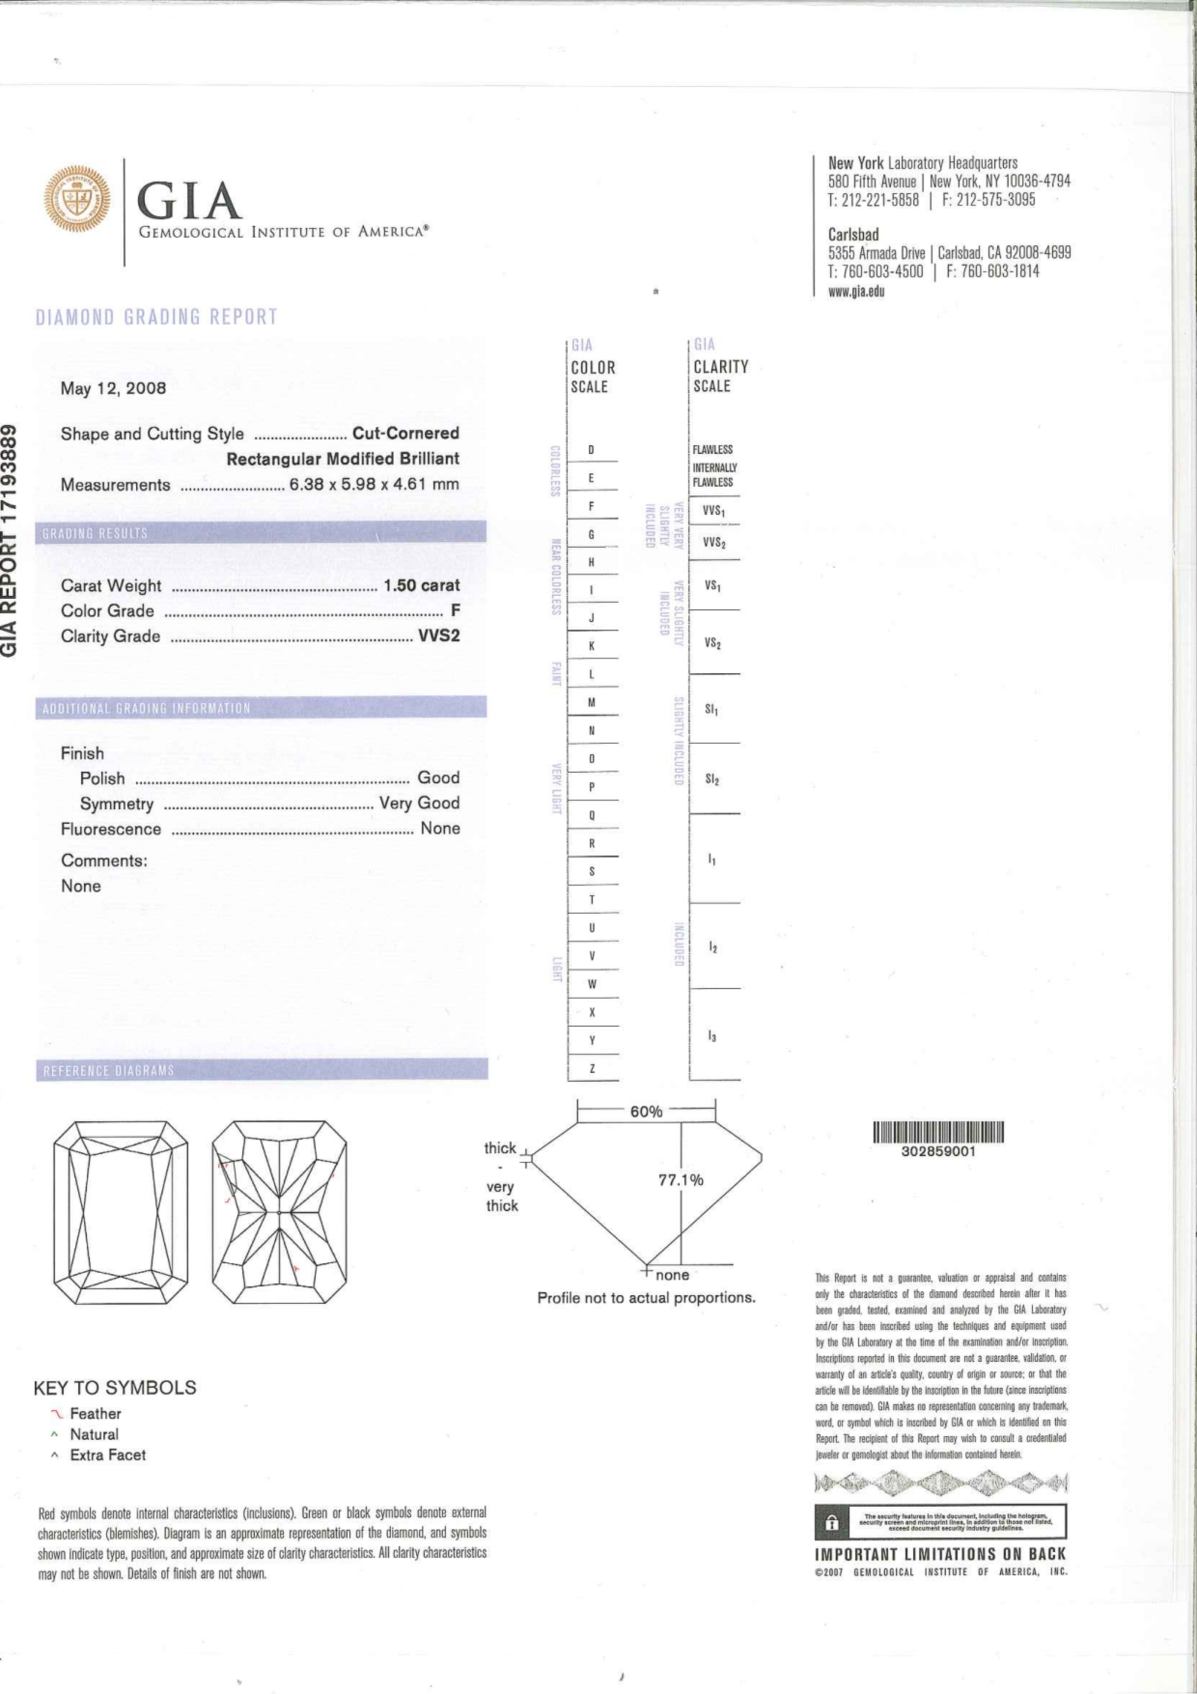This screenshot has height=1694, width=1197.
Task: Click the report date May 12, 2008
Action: point(114,388)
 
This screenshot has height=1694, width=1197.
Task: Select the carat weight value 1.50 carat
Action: point(421,585)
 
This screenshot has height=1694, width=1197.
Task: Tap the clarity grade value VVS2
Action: point(439,635)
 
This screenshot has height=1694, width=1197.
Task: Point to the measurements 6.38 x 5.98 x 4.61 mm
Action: point(374,484)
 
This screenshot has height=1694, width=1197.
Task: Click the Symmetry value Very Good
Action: point(419,803)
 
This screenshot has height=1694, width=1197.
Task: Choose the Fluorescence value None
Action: point(440,828)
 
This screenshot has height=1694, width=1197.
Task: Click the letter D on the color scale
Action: point(592,450)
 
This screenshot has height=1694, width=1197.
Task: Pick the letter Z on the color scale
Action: point(592,1068)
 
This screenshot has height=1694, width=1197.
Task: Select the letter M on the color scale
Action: point(592,702)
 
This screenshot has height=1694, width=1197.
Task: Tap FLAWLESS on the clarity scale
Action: point(712,450)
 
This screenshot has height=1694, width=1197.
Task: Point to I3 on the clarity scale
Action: point(712,1037)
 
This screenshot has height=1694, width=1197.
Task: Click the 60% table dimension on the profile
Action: point(646,1111)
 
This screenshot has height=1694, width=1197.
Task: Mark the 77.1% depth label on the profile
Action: point(681,1180)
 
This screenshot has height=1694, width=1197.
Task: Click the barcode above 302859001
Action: point(939,1132)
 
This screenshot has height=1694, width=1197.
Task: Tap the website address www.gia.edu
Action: point(856,291)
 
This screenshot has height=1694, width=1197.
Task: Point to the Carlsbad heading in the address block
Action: point(853,235)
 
